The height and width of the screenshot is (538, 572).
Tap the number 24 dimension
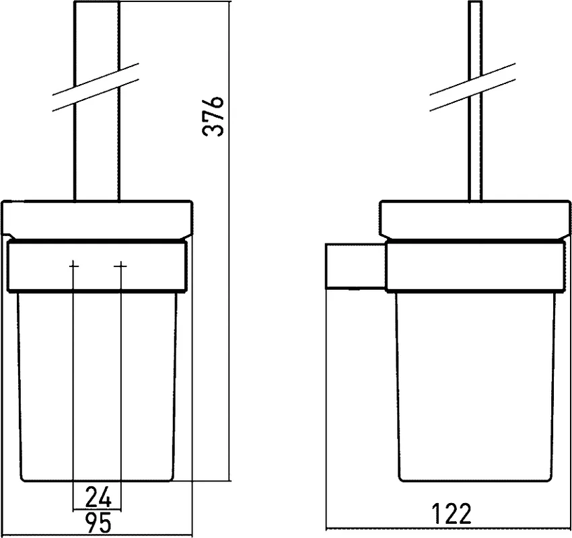click(98, 497)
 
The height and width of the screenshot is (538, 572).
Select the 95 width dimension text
click(98, 522)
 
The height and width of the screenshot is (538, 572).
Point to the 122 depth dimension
click(452, 514)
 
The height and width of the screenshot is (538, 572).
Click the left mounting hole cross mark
click(74, 266)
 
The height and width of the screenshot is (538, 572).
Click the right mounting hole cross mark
click(120, 266)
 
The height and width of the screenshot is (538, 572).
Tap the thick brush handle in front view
click(97, 102)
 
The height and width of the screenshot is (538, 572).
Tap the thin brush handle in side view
click(474, 102)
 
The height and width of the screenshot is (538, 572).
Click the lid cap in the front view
click(97, 219)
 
